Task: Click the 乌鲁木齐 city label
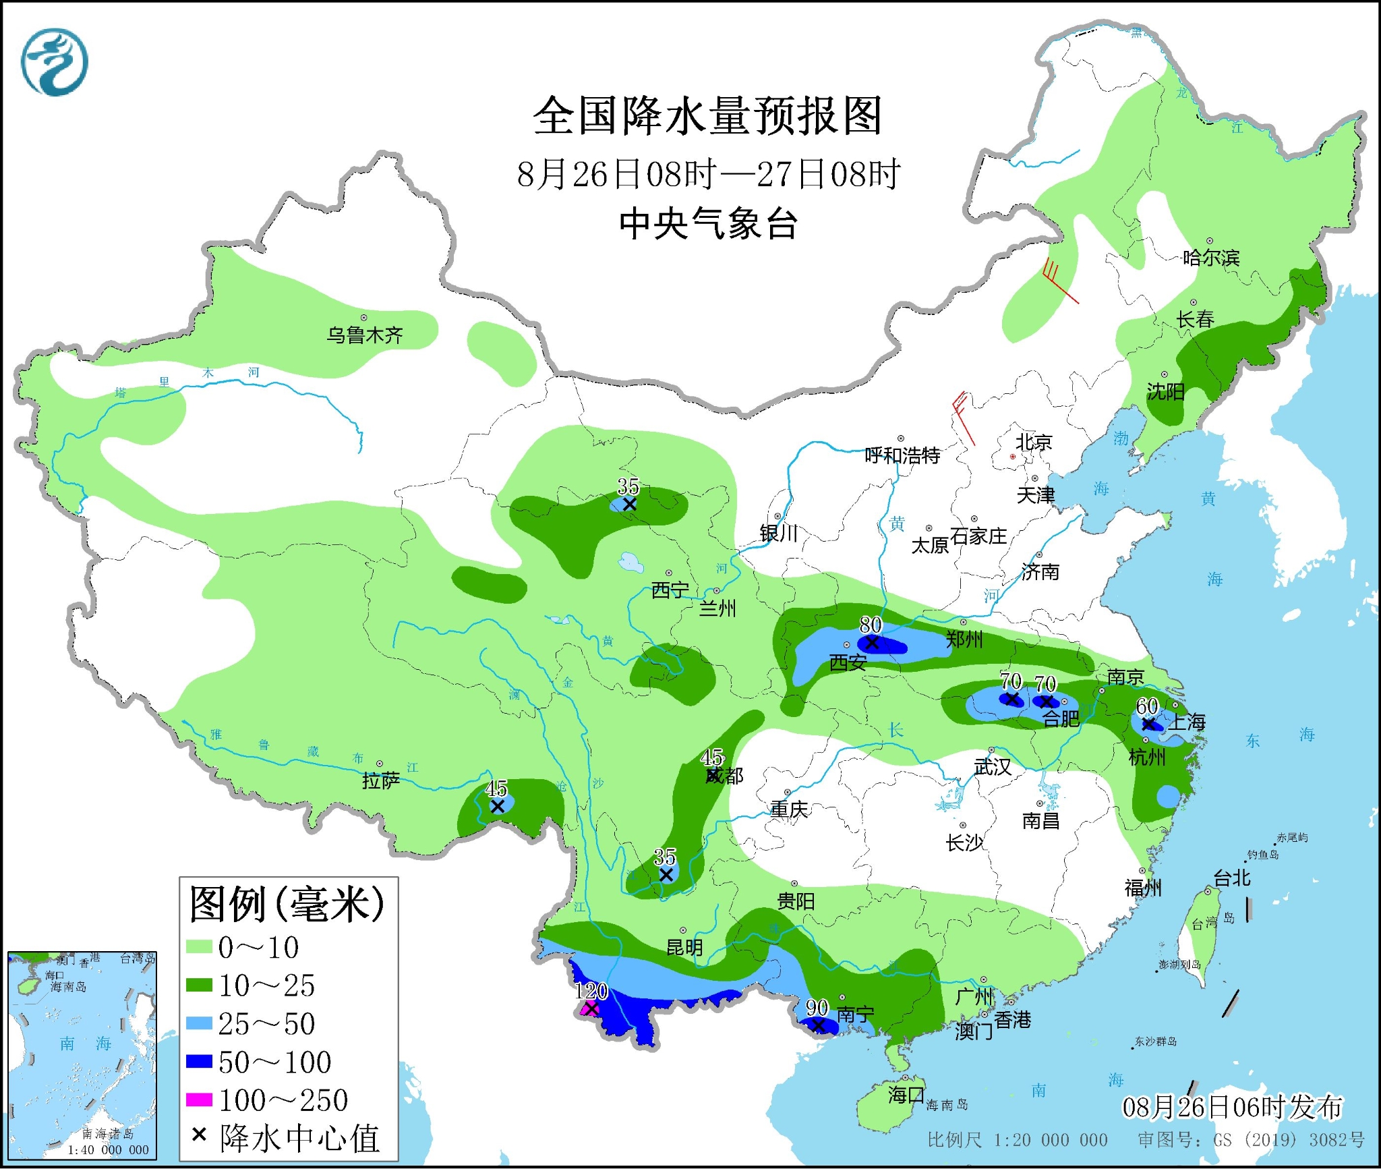point(364,335)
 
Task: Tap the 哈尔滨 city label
point(1211,258)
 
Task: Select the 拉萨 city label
point(381,780)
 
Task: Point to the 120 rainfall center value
point(591,991)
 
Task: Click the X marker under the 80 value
point(872,643)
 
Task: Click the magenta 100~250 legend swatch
point(199,1100)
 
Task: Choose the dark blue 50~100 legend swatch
point(199,1062)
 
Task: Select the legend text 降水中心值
point(299,1139)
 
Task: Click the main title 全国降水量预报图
point(707,116)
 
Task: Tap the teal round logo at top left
point(55,62)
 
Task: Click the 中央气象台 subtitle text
point(708,224)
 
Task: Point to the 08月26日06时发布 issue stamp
point(1232,1107)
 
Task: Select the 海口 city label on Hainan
point(906,1094)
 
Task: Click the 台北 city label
point(1231,878)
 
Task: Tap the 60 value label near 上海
point(1146,706)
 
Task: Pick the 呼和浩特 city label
point(902,455)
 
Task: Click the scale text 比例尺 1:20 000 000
point(1017,1139)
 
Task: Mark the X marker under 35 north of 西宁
point(629,505)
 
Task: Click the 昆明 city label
point(684,947)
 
